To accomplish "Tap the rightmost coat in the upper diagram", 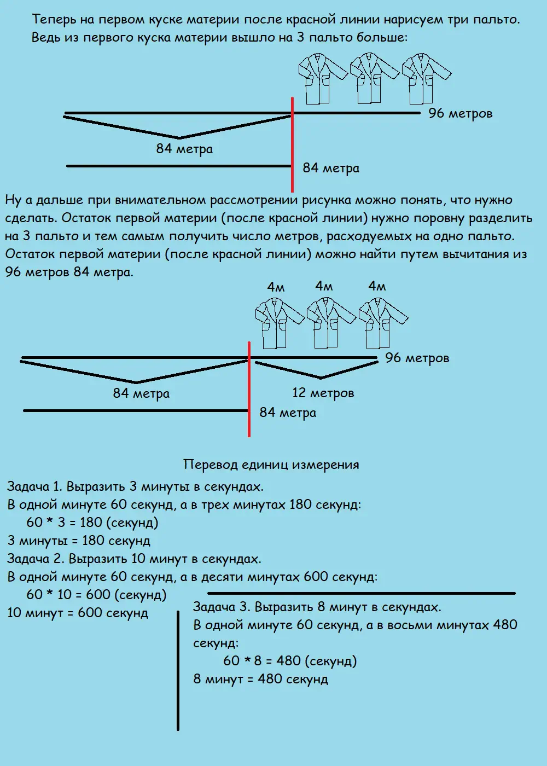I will tap(425, 79).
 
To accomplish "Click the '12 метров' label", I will tap(323, 393).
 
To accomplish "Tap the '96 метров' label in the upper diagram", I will tap(460, 113).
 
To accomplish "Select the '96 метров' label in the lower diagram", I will tap(417, 358).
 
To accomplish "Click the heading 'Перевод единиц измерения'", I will tap(271, 465).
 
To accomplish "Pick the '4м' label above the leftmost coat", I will tap(276, 287).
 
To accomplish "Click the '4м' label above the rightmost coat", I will tap(377, 286).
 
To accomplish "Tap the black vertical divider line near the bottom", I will tap(178, 670).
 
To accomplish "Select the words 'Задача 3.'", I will tap(222, 607).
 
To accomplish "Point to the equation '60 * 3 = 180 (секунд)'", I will tap(92, 523).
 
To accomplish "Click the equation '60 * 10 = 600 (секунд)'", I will tap(96, 595).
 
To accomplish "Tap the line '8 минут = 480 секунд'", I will tap(260, 679).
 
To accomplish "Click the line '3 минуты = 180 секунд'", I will tap(79, 541).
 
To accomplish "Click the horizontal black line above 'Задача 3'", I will tap(361, 593).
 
